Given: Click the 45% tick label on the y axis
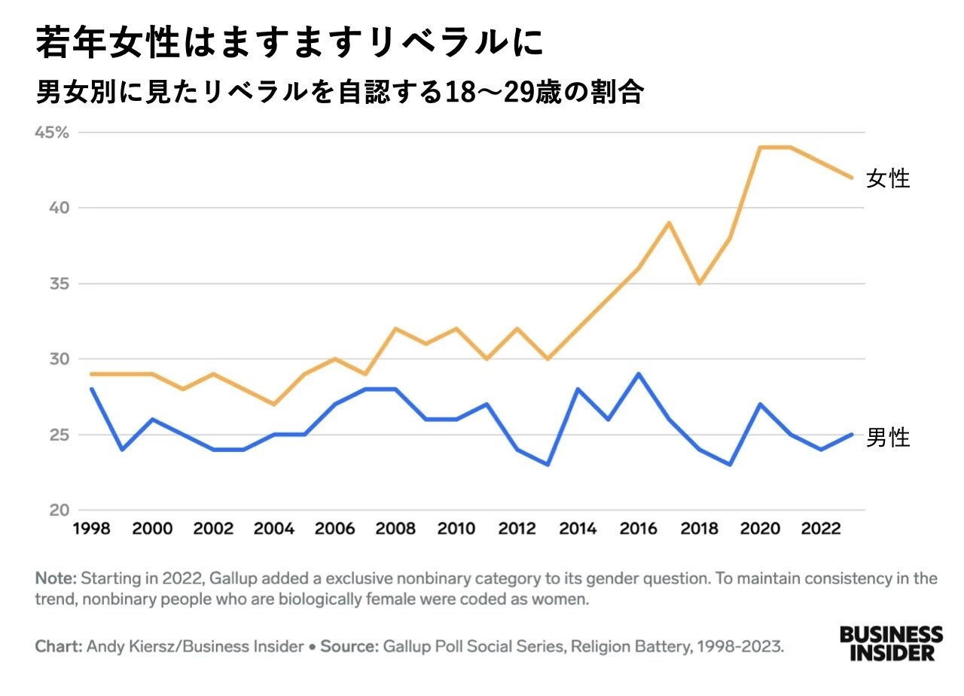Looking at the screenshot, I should [x=52, y=133].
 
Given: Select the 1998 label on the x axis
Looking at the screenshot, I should [x=92, y=530].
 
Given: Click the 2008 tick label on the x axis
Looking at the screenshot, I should [x=395, y=530].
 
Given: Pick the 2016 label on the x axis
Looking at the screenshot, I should [x=639, y=530].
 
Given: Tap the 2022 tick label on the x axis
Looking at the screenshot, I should [x=821, y=530].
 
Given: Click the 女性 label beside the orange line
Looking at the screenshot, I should [x=888, y=179].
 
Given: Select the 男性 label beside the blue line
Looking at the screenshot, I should [x=888, y=438].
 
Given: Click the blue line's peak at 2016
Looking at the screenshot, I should [x=639, y=374].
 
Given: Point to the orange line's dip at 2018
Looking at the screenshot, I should [x=700, y=283].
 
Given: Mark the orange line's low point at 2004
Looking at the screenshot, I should [x=274, y=404].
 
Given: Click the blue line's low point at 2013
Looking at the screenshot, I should [x=548, y=465].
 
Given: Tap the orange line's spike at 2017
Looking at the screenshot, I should [x=669, y=223].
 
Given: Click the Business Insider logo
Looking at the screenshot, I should [x=891, y=643].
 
